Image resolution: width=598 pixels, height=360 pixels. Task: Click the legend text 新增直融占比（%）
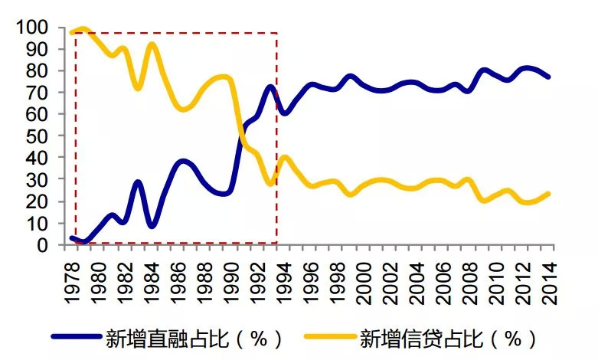[196, 338]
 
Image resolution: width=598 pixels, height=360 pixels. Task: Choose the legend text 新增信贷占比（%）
[448, 338]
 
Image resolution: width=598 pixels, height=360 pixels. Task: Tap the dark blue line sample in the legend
[77, 338]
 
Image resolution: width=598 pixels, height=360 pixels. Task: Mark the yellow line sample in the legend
[329, 338]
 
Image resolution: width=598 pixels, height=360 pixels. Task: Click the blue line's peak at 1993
[270, 86]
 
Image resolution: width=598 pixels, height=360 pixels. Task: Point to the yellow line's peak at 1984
[152, 44]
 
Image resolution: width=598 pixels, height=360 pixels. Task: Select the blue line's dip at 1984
[152, 226]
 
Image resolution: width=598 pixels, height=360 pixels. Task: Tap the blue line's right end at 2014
[548, 77]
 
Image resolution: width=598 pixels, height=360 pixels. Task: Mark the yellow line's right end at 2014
[548, 194]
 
